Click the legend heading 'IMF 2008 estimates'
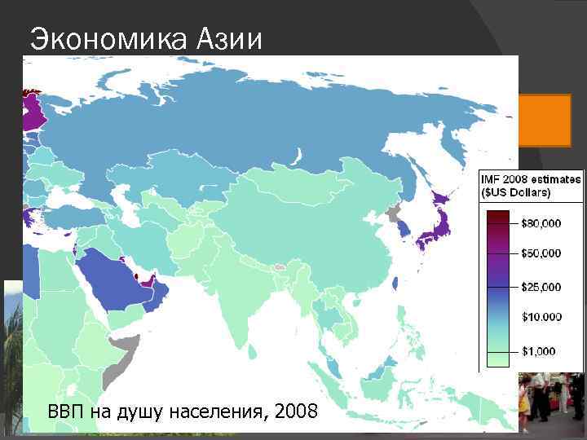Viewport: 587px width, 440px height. pos(530,178)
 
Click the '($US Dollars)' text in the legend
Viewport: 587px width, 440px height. pos(516,192)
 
